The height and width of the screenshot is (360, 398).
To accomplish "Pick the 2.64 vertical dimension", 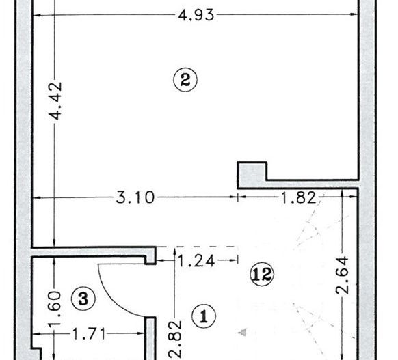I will click(343, 275).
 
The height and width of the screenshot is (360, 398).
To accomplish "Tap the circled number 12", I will click(263, 275).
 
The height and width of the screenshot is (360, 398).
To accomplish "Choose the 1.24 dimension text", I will click(195, 260).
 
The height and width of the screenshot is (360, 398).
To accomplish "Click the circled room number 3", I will click(83, 298).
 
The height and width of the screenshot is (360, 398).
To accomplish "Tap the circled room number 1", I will click(202, 315).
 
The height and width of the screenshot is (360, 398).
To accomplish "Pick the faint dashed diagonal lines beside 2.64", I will click(311, 232).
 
